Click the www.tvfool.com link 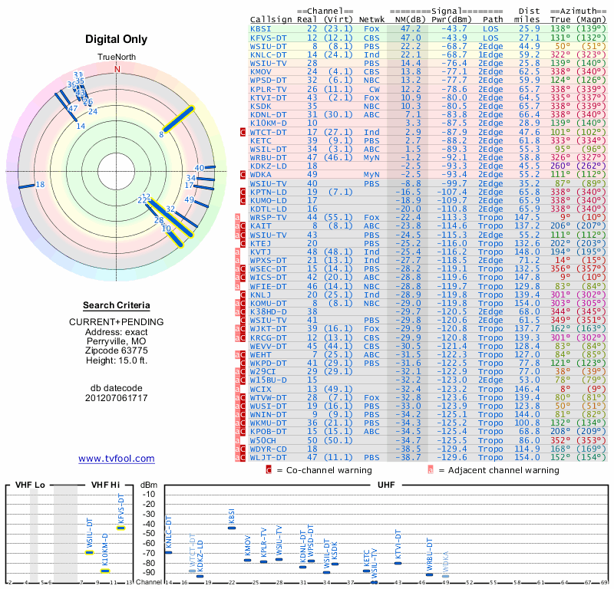pyautogui.click(x=117, y=459)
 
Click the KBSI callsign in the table pyautogui.click(x=260, y=28)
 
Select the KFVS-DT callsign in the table pyautogui.click(x=268, y=37)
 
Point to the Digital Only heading pyautogui.click(x=117, y=40)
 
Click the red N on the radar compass pyautogui.click(x=117, y=69)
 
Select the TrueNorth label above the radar pyautogui.click(x=117, y=58)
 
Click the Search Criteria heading pyautogui.click(x=117, y=305)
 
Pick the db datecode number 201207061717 pyautogui.click(x=117, y=399)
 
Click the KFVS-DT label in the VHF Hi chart pyautogui.click(x=120, y=508)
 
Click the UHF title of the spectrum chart pyautogui.click(x=387, y=485)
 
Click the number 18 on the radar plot pyautogui.click(x=41, y=185)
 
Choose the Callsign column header pyautogui.click(x=272, y=18)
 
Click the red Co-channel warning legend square pyautogui.click(x=269, y=469)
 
